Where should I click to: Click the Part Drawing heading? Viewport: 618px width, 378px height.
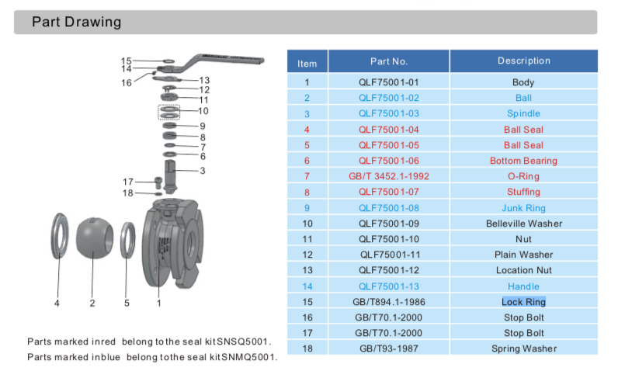(x=76, y=22)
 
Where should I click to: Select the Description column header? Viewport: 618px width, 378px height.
(x=523, y=61)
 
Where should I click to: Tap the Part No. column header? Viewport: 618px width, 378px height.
(x=388, y=61)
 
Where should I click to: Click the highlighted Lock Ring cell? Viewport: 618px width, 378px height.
(x=523, y=302)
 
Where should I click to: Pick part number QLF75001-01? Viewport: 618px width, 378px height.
(x=388, y=82)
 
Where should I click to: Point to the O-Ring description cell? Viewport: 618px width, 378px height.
(x=523, y=176)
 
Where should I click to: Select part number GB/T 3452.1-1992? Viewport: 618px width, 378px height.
(x=388, y=176)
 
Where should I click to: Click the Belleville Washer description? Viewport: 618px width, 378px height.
(x=523, y=224)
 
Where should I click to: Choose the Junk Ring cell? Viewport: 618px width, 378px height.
(x=523, y=208)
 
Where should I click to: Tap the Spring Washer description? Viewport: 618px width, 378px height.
(x=523, y=349)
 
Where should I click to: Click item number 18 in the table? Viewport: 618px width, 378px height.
(x=307, y=349)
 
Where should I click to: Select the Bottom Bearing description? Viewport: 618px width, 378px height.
(x=523, y=161)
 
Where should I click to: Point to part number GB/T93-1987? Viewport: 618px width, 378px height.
(x=388, y=349)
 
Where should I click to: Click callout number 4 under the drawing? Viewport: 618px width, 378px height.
(x=57, y=303)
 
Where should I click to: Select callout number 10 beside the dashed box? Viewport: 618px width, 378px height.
(x=203, y=111)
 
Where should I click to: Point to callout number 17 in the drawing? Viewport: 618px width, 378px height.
(x=128, y=182)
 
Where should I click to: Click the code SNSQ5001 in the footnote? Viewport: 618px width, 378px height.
(x=250, y=342)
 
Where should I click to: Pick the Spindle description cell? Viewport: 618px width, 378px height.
(x=523, y=113)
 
